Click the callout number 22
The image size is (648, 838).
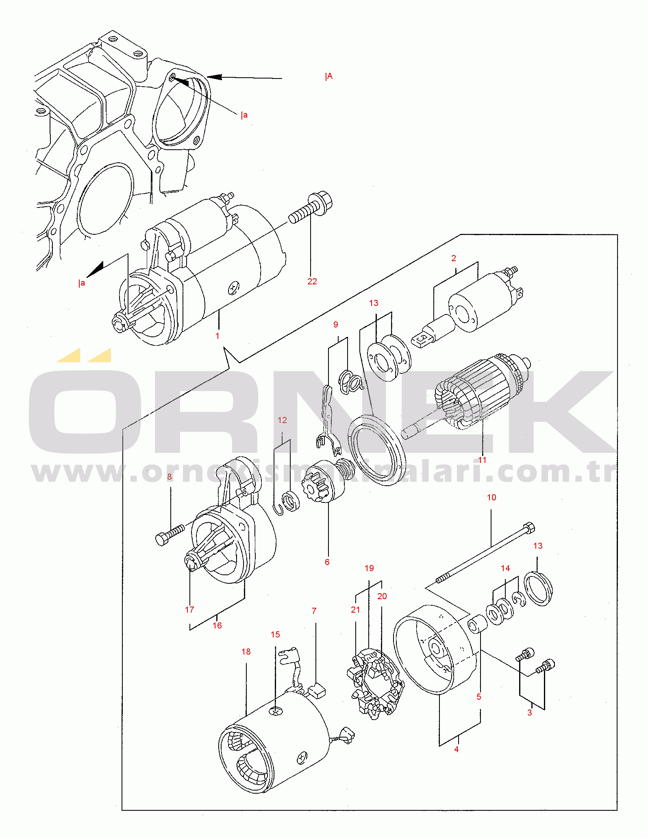(x=312, y=282)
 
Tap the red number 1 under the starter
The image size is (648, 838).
(x=217, y=336)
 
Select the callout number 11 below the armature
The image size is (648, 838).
(x=482, y=460)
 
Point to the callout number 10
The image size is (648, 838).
(x=491, y=498)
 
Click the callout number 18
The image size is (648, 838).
(x=246, y=652)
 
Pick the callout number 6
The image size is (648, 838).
(x=327, y=562)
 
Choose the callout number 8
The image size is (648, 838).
(x=170, y=477)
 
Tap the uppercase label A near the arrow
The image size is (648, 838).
(x=330, y=76)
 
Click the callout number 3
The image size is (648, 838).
(x=530, y=713)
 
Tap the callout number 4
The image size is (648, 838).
(x=457, y=749)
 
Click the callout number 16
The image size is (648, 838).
(x=217, y=626)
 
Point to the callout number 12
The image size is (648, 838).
(x=282, y=420)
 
